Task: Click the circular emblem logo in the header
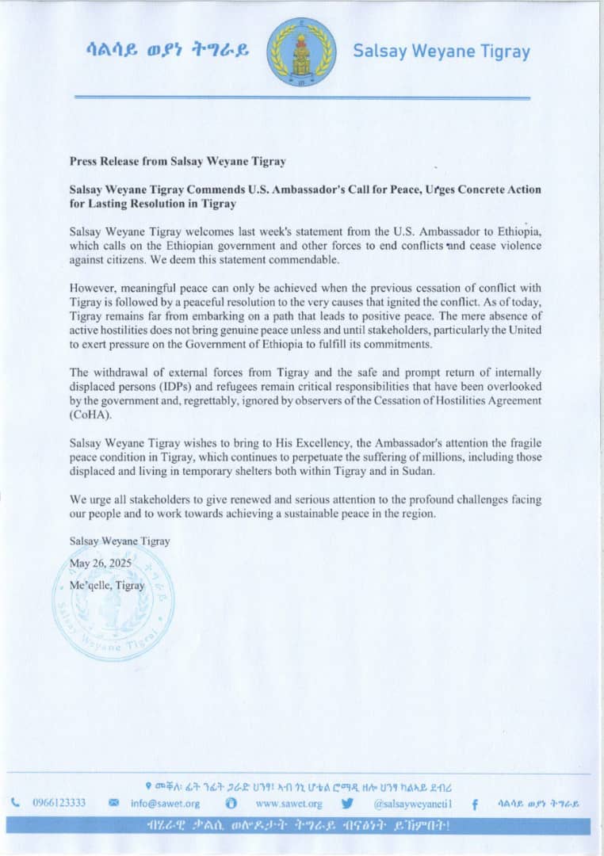300,52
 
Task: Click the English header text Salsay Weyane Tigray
441,52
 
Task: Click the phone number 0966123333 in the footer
59,803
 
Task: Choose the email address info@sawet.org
164,803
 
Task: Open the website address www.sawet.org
289,803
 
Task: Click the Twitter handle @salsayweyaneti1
407,803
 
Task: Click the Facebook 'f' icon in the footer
474,804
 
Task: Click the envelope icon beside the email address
113,803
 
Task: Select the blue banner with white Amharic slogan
301,825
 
